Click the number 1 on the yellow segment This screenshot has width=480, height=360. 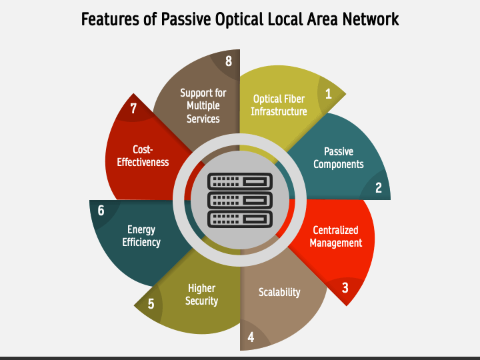(328, 94)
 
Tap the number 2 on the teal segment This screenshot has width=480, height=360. (378, 188)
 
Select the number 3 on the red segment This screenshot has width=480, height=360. (345, 288)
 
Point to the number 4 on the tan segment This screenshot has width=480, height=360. (251, 337)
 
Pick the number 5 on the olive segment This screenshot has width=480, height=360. (151, 304)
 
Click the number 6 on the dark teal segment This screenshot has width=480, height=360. (101, 211)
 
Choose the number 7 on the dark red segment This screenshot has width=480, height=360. (133, 109)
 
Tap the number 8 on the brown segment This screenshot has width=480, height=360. (229, 61)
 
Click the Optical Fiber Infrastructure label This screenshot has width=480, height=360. (279, 105)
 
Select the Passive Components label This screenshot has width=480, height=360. (339, 158)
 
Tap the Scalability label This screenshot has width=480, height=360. (279, 292)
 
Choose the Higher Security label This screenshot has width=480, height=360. (201, 295)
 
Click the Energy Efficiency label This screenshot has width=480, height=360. (141, 236)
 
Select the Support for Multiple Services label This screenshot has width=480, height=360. (203, 106)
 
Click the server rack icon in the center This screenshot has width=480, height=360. (239, 199)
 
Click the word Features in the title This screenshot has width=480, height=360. (108, 19)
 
